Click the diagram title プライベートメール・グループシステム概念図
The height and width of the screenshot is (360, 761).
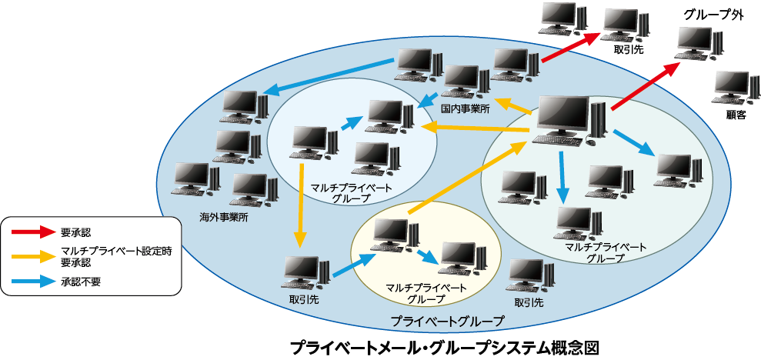(444, 346)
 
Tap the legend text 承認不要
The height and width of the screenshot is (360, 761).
(82, 282)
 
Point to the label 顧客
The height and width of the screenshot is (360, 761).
(736, 115)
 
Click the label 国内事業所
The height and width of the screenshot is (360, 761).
(465, 109)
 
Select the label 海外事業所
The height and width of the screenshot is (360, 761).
(224, 218)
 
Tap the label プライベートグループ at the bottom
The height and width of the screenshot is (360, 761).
(447, 321)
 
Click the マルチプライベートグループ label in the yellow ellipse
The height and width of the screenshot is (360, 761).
(426, 293)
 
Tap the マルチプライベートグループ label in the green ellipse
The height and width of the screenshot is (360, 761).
(606, 252)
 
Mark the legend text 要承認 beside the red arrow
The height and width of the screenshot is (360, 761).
(76, 232)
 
